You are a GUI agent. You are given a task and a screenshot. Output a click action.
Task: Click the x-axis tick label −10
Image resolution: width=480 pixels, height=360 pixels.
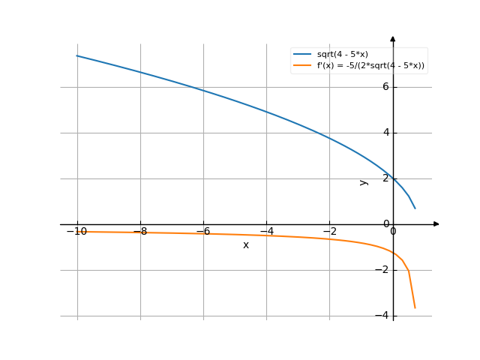[x=76, y=231]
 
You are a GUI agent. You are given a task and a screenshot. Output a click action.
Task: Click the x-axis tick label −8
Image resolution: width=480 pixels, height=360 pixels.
[x=139, y=231]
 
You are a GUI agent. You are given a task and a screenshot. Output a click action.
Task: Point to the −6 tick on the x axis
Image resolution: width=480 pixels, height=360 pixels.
[x=202, y=231]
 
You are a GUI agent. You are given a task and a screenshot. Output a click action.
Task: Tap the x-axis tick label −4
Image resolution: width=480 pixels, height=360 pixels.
[x=266, y=231]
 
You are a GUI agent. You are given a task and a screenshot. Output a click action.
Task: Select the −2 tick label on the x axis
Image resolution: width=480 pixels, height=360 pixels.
[x=329, y=231]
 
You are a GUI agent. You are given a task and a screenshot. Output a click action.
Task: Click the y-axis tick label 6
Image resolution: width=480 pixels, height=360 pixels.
[x=386, y=87]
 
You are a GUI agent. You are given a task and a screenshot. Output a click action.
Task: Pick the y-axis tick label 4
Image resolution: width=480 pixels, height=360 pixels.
[x=386, y=133]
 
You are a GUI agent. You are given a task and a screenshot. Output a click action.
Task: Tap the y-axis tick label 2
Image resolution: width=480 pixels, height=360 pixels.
[x=386, y=178]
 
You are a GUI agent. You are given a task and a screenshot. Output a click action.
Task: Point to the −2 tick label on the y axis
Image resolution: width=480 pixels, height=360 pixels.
[x=383, y=270]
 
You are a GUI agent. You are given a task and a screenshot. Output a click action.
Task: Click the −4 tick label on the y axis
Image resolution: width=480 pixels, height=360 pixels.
[x=383, y=316]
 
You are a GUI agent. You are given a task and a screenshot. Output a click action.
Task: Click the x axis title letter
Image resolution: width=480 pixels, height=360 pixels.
[x=245, y=245]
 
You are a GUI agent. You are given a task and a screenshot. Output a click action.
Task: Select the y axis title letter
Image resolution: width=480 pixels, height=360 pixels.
[x=364, y=182]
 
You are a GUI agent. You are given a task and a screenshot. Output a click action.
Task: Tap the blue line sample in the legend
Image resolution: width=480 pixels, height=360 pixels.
[x=302, y=55]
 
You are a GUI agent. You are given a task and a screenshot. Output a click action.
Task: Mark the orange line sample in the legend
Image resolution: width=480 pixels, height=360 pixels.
[x=302, y=65]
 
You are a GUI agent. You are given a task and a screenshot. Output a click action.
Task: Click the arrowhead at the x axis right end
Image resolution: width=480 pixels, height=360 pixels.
[x=436, y=224]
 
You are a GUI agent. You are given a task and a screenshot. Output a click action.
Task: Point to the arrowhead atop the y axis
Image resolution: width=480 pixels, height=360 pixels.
[x=393, y=39]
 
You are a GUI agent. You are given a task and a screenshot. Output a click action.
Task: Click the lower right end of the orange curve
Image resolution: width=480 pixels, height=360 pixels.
[x=415, y=307]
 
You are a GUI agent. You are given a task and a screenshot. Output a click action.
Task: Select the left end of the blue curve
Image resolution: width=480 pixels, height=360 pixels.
[x=76, y=55]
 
